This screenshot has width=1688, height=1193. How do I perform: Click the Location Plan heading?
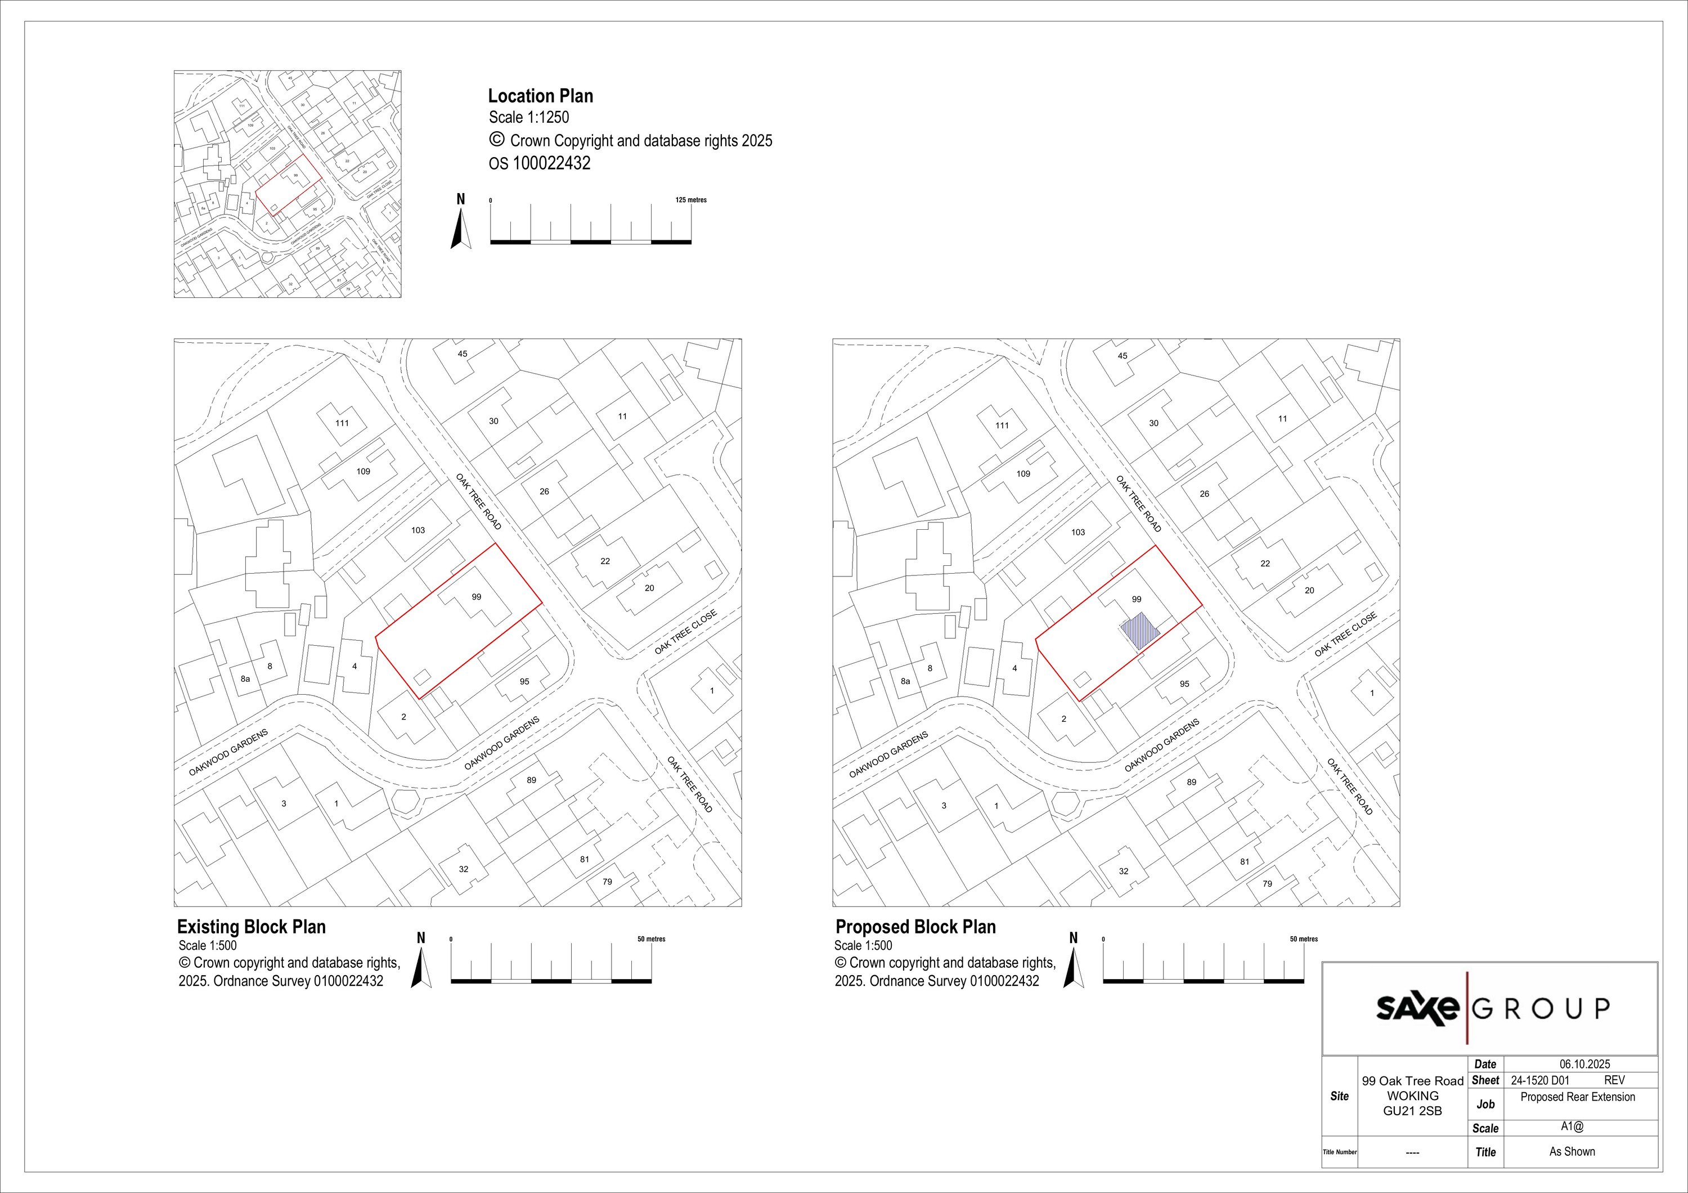tap(540, 96)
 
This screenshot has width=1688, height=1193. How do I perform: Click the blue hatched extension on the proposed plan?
tap(1139, 631)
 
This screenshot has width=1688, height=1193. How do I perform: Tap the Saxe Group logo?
tap(1492, 1008)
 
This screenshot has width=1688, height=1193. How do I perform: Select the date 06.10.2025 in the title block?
tap(1584, 1064)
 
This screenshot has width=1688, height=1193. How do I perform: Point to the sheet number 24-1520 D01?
tap(1539, 1080)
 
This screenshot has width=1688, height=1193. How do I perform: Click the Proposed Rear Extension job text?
tap(1578, 1097)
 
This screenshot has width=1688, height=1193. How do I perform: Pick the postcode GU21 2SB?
tap(1412, 1111)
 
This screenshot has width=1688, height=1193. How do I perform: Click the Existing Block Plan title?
tap(252, 927)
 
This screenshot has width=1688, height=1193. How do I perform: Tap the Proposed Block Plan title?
tap(915, 927)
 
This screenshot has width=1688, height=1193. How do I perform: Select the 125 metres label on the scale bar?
tap(691, 200)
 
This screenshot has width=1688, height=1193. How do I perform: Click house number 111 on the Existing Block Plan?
tap(342, 423)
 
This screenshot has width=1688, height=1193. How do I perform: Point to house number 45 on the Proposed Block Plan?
tap(1123, 356)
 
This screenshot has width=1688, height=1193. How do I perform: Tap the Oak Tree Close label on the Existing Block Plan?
tap(685, 632)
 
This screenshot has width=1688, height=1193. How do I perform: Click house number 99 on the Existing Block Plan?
tap(477, 597)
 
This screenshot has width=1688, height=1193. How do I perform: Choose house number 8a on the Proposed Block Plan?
tap(906, 681)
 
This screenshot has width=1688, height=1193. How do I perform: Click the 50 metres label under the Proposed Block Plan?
tap(1304, 939)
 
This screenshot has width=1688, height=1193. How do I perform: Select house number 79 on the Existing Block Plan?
tap(607, 881)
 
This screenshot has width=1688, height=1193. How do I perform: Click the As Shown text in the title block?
tap(1572, 1152)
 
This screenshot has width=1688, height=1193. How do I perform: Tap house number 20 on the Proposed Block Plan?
tap(1309, 591)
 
